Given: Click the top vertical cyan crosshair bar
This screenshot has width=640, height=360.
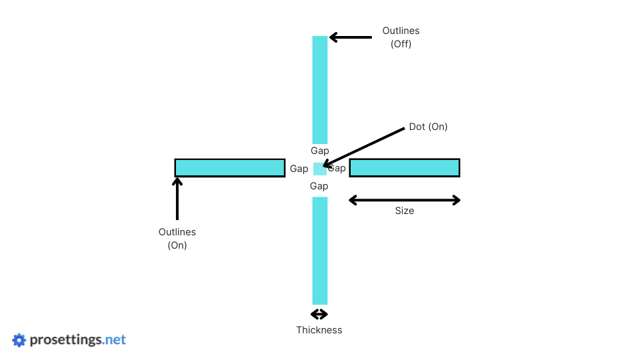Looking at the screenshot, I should [x=320, y=89].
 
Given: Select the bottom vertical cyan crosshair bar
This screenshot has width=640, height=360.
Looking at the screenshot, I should [x=320, y=251].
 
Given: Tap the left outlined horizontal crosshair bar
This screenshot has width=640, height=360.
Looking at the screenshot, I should [x=230, y=167].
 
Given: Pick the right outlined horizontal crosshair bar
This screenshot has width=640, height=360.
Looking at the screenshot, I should [x=405, y=167].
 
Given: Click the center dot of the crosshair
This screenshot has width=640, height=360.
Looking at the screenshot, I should [x=320, y=169].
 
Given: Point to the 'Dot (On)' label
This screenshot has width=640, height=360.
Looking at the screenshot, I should [x=428, y=127].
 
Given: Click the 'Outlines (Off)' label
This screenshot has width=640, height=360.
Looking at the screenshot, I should [x=401, y=37].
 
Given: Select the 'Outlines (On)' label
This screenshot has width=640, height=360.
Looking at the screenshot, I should [x=177, y=239].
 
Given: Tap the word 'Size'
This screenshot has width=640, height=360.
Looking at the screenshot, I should [x=405, y=211].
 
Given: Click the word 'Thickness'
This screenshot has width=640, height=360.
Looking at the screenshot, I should [x=319, y=330].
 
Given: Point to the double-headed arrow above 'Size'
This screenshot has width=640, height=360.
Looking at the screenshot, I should [x=405, y=200].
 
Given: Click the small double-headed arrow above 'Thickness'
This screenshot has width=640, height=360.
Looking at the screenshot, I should [x=319, y=314].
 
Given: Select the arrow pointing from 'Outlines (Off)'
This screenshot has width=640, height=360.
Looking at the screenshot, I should [x=351, y=37].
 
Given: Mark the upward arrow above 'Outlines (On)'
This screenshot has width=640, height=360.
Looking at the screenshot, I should [x=177, y=198].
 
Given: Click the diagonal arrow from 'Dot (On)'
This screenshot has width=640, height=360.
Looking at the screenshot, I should [x=364, y=147].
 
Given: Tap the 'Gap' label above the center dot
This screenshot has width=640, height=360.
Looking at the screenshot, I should [x=320, y=151].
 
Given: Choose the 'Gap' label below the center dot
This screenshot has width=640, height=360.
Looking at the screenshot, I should [x=319, y=186].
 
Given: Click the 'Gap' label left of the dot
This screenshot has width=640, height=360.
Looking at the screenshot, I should [x=299, y=169].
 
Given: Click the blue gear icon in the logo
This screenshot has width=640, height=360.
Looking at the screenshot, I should [x=19, y=340].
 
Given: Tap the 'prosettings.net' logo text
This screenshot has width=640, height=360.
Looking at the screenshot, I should [x=78, y=340].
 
